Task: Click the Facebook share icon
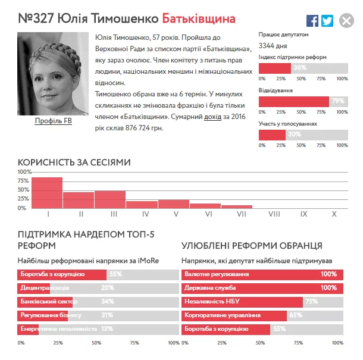[x=312, y=21]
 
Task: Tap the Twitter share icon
[x=327, y=21]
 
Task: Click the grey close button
[x=346, y=21]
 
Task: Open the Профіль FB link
[x=54, y=121]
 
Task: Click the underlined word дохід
[x=212, y=117]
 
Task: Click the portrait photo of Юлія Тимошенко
[x=54, y=74]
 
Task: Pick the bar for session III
[x=110, y=199]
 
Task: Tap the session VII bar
[x=237, y=206]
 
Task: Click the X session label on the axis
[x=334, y=214]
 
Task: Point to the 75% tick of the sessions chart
[x=23, y=180]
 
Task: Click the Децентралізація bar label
[x=43, y=287]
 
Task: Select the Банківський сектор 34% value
[x=108, y=301]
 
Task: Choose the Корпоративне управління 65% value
[x=296, y=315]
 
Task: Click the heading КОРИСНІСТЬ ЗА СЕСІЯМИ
[x=74, y=162]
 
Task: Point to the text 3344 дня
[x=273, y=45]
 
